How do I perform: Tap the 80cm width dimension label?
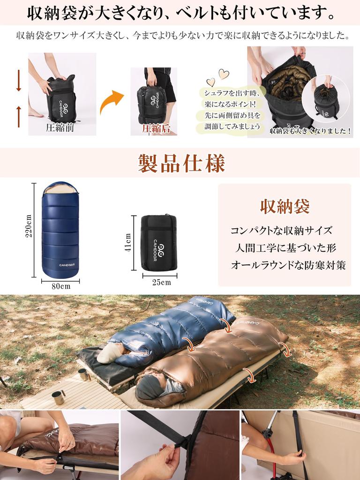pos(60,286)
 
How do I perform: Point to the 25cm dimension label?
pos(161,282)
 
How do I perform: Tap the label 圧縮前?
pos(60,127)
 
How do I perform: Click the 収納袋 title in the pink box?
pos(285,206)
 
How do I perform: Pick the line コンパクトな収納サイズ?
pos(281,231)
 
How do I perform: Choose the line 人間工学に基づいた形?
pos(285,248)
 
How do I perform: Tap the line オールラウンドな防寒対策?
pos(288,265)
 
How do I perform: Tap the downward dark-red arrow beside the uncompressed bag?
pos(19,81)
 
